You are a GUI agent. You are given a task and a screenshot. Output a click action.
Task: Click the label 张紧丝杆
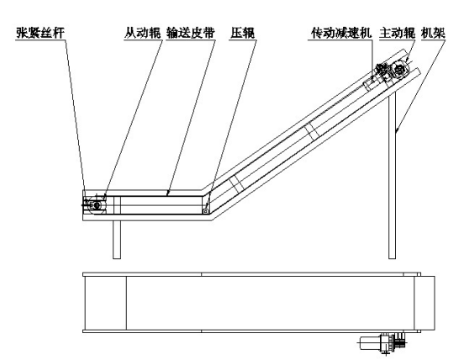pyautogui.click(x=40, y=33)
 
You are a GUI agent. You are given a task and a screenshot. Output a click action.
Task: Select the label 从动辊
pyautogui.click(x=143, y=33)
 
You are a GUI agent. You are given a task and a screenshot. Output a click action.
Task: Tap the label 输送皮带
pyautogui.click(x=191, y=33)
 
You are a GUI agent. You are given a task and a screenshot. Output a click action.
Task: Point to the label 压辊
pyautogui.click(x=243, y=33)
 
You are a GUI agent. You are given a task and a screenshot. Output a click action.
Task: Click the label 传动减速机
pyautogui.click(x=341, y=33)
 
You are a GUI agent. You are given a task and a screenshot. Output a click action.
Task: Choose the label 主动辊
pyautogui.click(x=398, y=33)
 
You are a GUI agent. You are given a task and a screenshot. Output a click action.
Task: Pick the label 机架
pyautogui.click(x=433, y=33)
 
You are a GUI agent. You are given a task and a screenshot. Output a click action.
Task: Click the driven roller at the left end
pyautogui.click(x=97, y=204)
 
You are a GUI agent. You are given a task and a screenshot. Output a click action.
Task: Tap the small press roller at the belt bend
pyautogui.click(x=205, y=211)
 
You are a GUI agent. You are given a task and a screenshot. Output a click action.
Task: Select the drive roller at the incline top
pyautogui.click(x=399, y=70)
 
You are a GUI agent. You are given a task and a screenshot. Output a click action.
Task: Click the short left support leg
pyautogui.click(x=117, y=240)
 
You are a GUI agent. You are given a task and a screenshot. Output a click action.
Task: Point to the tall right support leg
pyautogui.click(x=393, y=175)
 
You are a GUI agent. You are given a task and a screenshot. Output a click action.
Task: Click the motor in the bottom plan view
pyautogui.click(x=369, y=343)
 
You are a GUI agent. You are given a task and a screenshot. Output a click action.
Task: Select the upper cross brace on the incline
pyautogui.click(x=311, y=132)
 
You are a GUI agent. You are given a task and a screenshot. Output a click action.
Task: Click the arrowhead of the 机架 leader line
pyautogui.click(x=397, y=130)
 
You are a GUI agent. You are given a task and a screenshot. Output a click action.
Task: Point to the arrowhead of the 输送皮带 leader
pyautogui.click(x=167, y=194)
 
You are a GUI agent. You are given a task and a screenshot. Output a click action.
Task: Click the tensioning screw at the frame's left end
pyautogui.click(x=87, y=204)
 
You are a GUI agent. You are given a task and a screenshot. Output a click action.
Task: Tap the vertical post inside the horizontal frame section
pyautogui.click(x=117, y=205)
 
